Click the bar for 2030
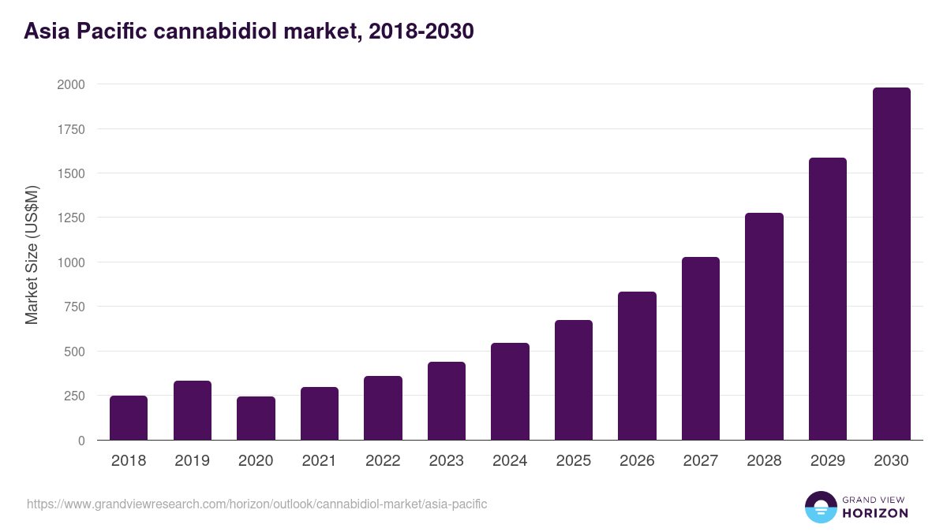click(x=891, y=264)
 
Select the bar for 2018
click(x=129, y=418)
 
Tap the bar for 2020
click(x=256, y=419)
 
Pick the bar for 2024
click(x=510, y=392)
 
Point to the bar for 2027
click(x=701, y=348)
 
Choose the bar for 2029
click(x=827, y=299)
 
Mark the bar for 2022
click(x=383, y=408)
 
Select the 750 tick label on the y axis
click(x=74, y=307)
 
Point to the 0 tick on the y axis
click(x=82, y=441)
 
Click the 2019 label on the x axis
click(x=192, y=461)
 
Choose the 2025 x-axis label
click(x=573, y=461)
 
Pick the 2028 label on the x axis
click(x=764, y=461)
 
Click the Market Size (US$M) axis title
click(x=32, y=255)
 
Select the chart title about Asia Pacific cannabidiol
click(x=249, y=32)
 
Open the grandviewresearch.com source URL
click(x=257, y=504)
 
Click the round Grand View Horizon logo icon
click(x=821, y=507)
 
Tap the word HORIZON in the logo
click(x=875, y=513)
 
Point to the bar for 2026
click(x=637, y=366)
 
